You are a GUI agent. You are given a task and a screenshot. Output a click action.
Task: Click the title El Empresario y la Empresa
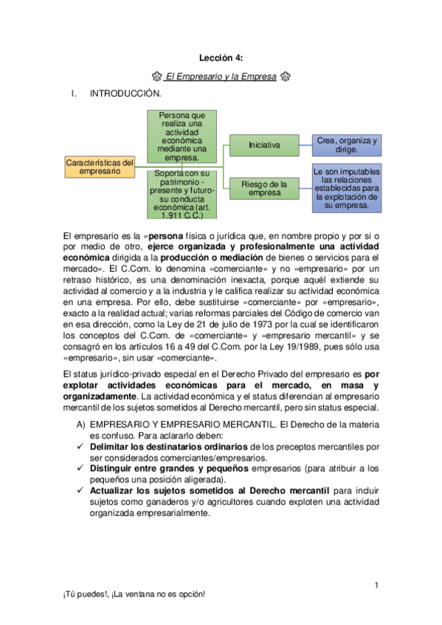pos(221,76)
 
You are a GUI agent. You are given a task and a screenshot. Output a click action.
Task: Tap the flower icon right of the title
pos(286,76)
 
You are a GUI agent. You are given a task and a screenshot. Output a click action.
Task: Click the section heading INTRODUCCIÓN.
pos(125,94)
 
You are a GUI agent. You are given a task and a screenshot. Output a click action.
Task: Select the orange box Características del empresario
pos(100,167)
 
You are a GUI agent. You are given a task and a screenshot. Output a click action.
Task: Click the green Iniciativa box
pos(264,145)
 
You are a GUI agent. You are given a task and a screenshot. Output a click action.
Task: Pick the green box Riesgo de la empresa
pos(264,188)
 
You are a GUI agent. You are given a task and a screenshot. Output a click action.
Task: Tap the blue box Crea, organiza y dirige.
pos(347,145)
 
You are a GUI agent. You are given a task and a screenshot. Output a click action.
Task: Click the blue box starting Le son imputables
pos(347,188)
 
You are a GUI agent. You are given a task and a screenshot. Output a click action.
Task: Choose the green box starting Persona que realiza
pos(182,136)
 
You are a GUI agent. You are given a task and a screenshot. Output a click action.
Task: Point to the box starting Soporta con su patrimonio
pos(182,195)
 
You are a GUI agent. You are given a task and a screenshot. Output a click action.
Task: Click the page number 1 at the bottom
pos(376,586)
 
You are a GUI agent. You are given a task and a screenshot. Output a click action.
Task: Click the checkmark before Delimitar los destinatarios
pos(81,447)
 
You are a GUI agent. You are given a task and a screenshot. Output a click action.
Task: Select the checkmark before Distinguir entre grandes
pos(81,469)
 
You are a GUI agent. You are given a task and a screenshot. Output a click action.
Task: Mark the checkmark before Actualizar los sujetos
pos(81,491)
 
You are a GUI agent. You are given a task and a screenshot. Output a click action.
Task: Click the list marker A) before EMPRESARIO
pos(81,425)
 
